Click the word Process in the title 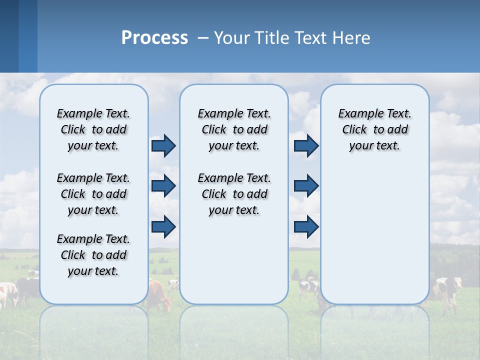pos(154,38)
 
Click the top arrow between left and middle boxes pos(163,145)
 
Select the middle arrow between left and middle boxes pos(163,186)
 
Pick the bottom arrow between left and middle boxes pos(163,226)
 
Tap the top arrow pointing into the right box pos(306,145)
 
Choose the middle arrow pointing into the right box pos(306,186)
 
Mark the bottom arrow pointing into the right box pos(306,226)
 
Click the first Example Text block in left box pos(93,129)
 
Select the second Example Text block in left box pos(93,194)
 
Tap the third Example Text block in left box pos(93,255)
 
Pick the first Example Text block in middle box pos(234,129)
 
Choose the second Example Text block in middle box pos(234,194)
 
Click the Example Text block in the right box pos(374,129)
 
